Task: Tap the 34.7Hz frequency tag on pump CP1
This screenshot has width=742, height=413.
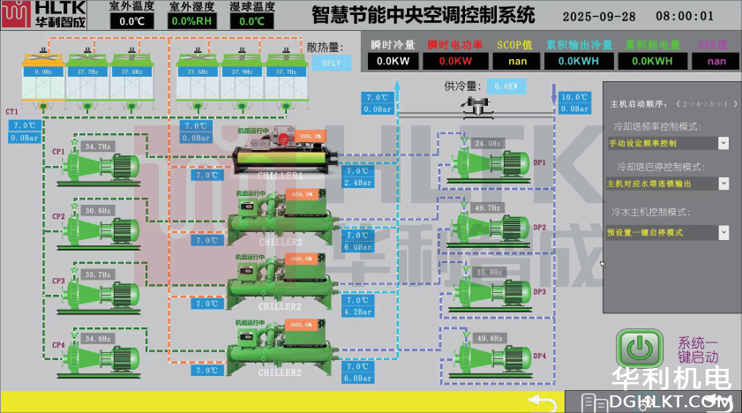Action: pos(98,146)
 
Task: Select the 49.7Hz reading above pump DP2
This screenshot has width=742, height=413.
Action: pos(487,207)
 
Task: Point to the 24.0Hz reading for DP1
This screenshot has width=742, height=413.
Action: pos(487,143)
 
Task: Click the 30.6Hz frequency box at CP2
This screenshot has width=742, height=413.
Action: pos(98,211)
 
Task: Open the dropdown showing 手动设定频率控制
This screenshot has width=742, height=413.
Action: pos(668,143)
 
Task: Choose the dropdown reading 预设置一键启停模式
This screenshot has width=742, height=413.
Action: pos(668,232)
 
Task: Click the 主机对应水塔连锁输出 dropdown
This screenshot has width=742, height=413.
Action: pos(668,184)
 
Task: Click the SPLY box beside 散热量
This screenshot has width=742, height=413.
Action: pos(331,63)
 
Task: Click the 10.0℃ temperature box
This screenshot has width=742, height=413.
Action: pos(573,98)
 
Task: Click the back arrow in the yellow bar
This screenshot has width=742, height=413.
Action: pos(549,402)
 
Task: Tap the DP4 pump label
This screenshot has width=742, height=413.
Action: pos(540,356)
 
